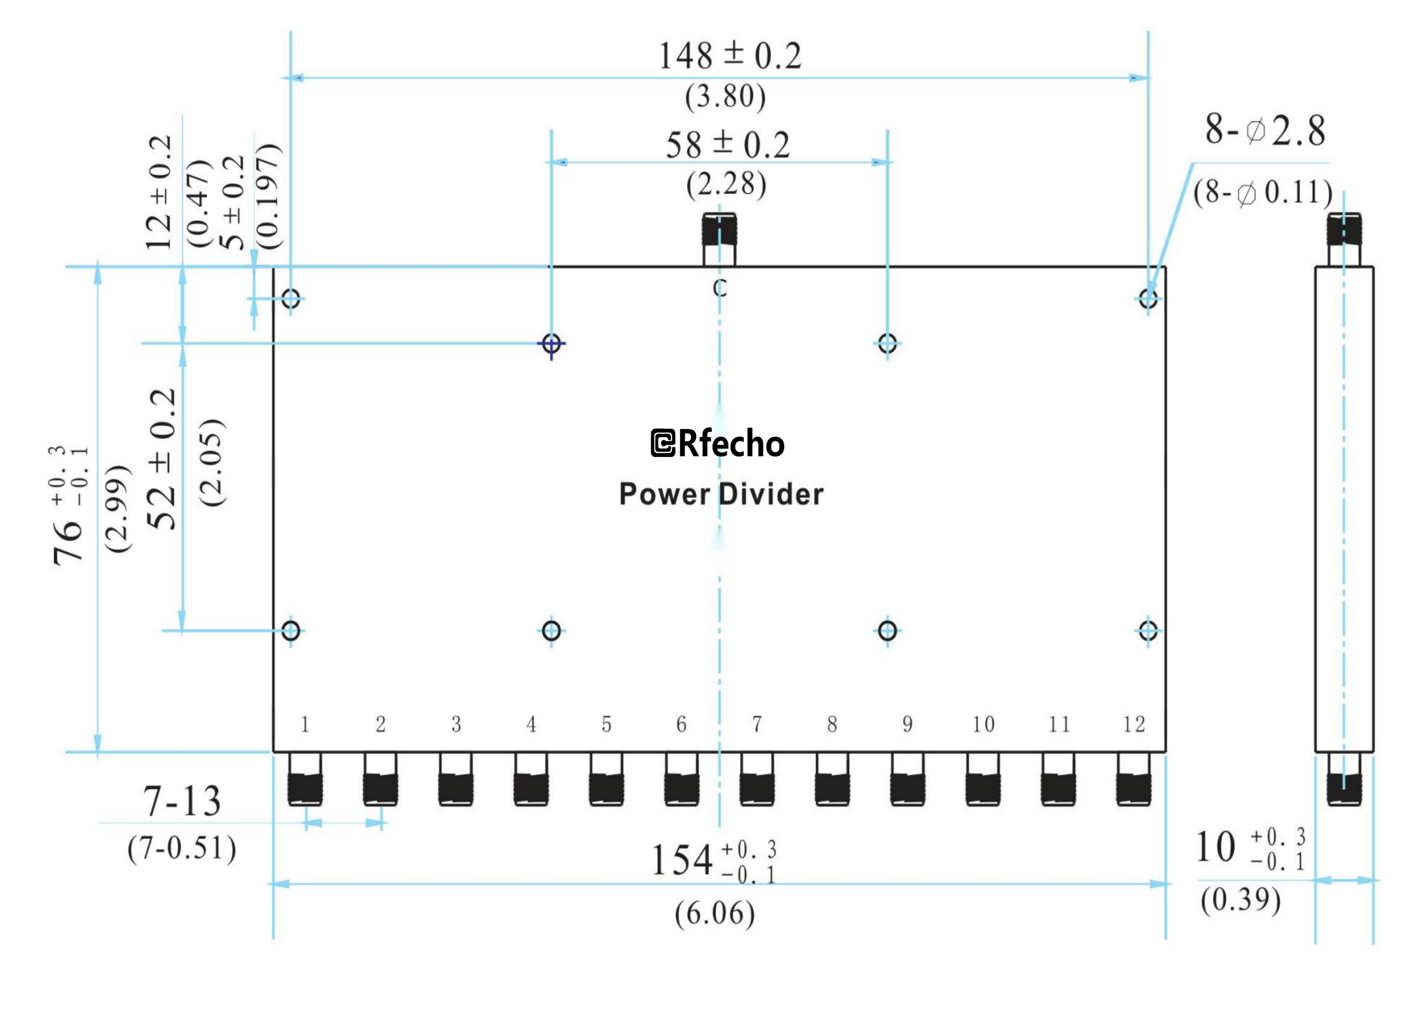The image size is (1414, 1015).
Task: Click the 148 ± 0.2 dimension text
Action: [729, 56]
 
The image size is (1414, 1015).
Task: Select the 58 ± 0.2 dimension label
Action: [728, 144]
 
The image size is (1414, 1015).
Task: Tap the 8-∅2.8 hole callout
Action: [1265, 131]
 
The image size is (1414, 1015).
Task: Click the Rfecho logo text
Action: [717, 444]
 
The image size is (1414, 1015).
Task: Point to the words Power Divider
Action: [721, 495]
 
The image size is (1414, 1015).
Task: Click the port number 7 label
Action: [756, 724]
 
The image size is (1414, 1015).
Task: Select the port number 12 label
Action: [1133, 724]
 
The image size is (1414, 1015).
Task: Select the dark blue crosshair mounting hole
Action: [551, 344]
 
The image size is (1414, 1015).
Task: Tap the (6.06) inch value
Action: [715, 914]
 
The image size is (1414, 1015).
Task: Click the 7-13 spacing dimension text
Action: [182, 802]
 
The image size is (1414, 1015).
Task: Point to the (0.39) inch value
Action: [1241, 900]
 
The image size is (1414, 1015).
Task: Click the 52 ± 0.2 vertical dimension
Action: [163, 460]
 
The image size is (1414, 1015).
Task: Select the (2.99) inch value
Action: [118, 508]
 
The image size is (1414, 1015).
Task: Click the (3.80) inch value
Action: [725, 97]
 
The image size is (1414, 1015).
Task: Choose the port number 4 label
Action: [531, 724]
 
